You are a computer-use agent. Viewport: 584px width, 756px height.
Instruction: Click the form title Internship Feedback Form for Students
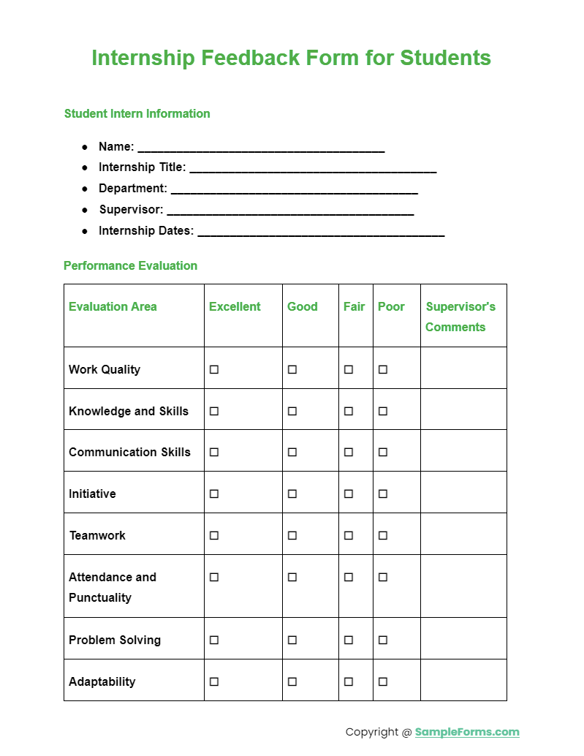click(x=291, y=58)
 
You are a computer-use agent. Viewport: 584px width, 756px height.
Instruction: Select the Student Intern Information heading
click(x=137, y=113)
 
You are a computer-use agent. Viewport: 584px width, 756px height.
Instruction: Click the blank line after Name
click(x=261, y=148)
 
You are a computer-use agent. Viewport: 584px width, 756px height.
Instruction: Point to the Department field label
click(x=132, y=189)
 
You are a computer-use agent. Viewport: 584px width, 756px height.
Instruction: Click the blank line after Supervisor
click(x=290, y=211)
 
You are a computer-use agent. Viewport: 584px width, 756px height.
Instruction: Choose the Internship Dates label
click(x=146, y=230)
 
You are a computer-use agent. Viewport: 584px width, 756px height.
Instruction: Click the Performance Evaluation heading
click(x=130, y=265)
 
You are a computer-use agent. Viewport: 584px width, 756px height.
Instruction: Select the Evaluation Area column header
click(x=113, y=306)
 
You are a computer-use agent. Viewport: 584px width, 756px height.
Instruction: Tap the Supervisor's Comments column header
click(x=460, y=317)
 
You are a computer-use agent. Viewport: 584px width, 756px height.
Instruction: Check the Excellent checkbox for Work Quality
click(x=214, y=370)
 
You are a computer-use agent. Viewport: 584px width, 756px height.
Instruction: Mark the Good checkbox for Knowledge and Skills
click(x=292, y=411)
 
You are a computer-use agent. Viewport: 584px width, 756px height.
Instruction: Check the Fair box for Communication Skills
click(x=349, y=453)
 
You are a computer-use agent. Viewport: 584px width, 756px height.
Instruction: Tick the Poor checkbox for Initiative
click(x=383, y=494)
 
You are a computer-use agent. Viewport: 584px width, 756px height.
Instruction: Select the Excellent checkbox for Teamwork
click(x=214, y=535)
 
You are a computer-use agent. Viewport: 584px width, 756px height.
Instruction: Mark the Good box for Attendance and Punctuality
click(x=292, y=577)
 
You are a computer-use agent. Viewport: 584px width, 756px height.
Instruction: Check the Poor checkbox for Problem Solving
click(x=383, y=640)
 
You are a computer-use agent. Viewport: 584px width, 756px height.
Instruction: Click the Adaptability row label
click(x=102, y=681)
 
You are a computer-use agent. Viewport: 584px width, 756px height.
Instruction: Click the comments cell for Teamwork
click(x=463, y=534)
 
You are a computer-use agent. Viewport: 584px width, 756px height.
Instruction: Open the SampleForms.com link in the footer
click(x=467, y=732)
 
